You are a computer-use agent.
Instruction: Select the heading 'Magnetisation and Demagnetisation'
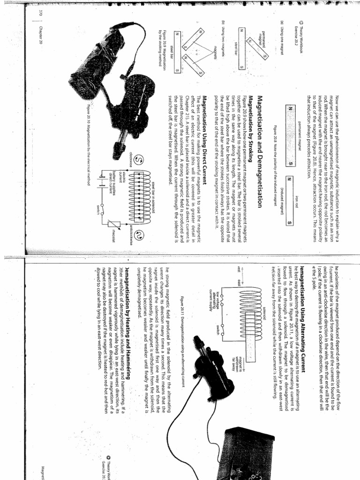tap(259, 155)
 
